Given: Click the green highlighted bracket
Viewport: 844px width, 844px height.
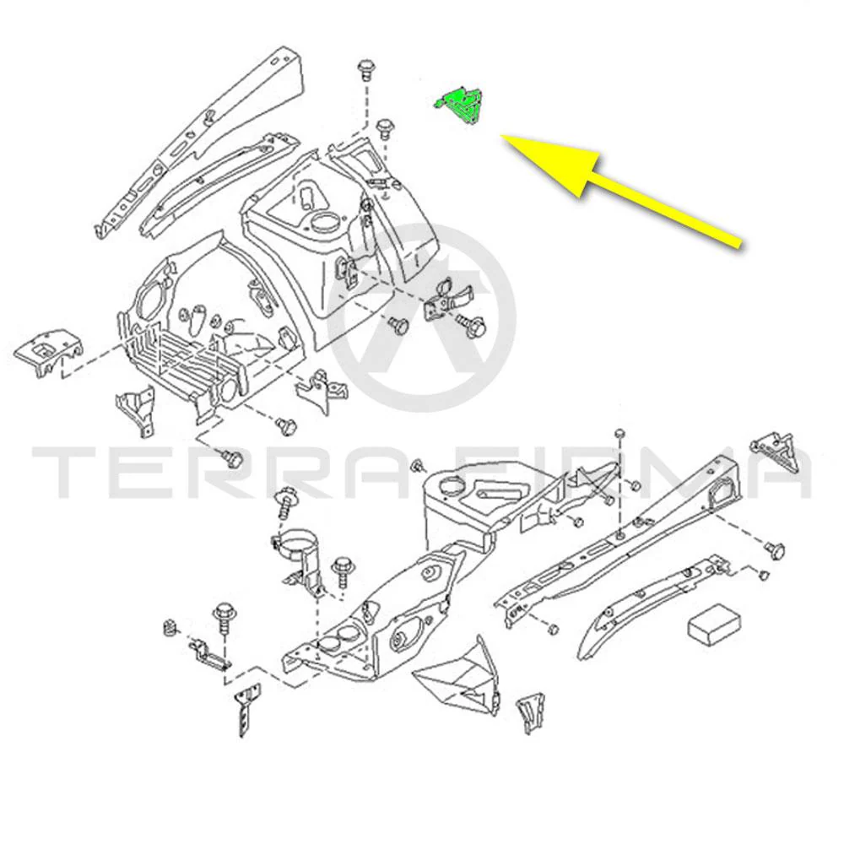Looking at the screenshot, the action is pos(459,105).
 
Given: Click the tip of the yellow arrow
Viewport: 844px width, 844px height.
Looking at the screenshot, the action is pos(502,137).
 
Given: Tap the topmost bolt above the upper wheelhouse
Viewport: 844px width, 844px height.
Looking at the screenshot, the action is pos(365,69).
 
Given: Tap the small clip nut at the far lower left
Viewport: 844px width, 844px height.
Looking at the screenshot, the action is pos(169,628).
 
